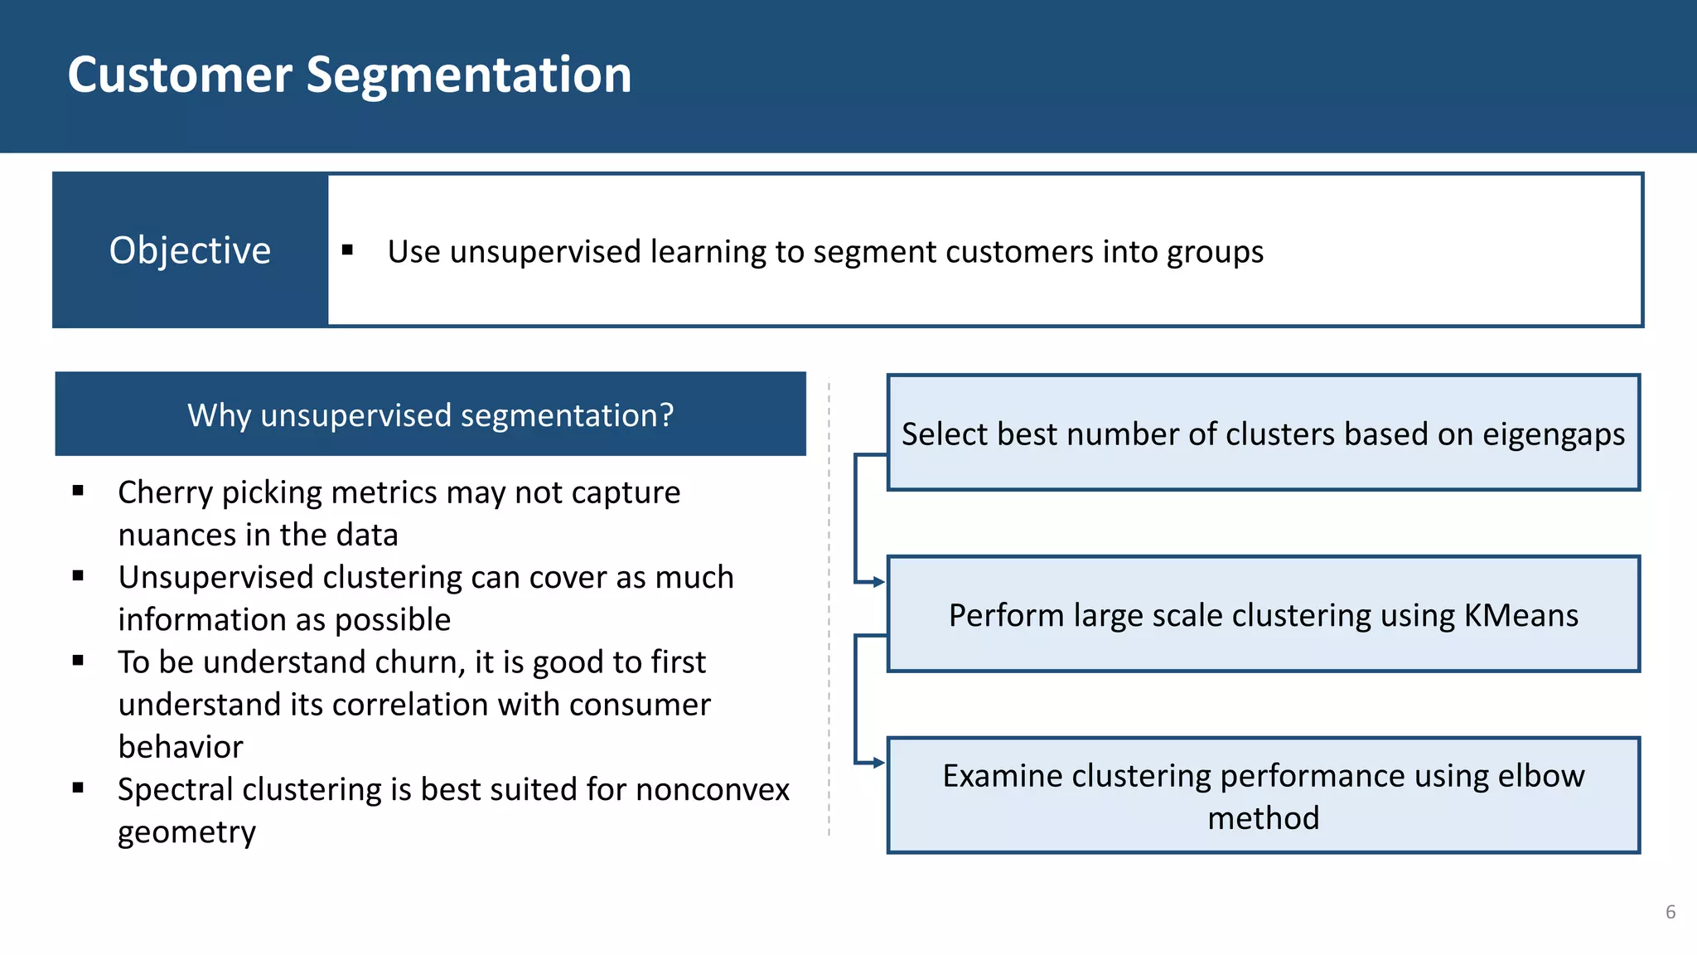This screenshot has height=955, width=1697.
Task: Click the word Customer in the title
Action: pos(179,75)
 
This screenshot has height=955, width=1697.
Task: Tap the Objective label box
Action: pos(190,250)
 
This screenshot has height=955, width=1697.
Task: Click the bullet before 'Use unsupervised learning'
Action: pos(347,250)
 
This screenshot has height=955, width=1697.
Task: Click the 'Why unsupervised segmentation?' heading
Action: pos(430,414)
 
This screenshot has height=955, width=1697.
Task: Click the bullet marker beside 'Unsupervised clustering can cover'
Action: pos(78,576)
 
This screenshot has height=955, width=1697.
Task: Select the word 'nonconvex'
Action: pos(712,789)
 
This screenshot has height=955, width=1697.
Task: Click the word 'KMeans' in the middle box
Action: pos(1521,616)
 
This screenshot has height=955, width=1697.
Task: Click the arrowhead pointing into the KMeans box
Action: pos(879,582)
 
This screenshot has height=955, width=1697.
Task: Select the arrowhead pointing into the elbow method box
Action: pos(879,763)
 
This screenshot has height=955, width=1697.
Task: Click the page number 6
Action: pos(1670,912)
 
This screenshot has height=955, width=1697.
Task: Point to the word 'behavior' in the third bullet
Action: pos(181,747)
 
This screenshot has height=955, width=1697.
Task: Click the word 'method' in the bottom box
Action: pos(1263,818)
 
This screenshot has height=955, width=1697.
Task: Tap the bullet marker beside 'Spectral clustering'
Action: pos(78,788)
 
